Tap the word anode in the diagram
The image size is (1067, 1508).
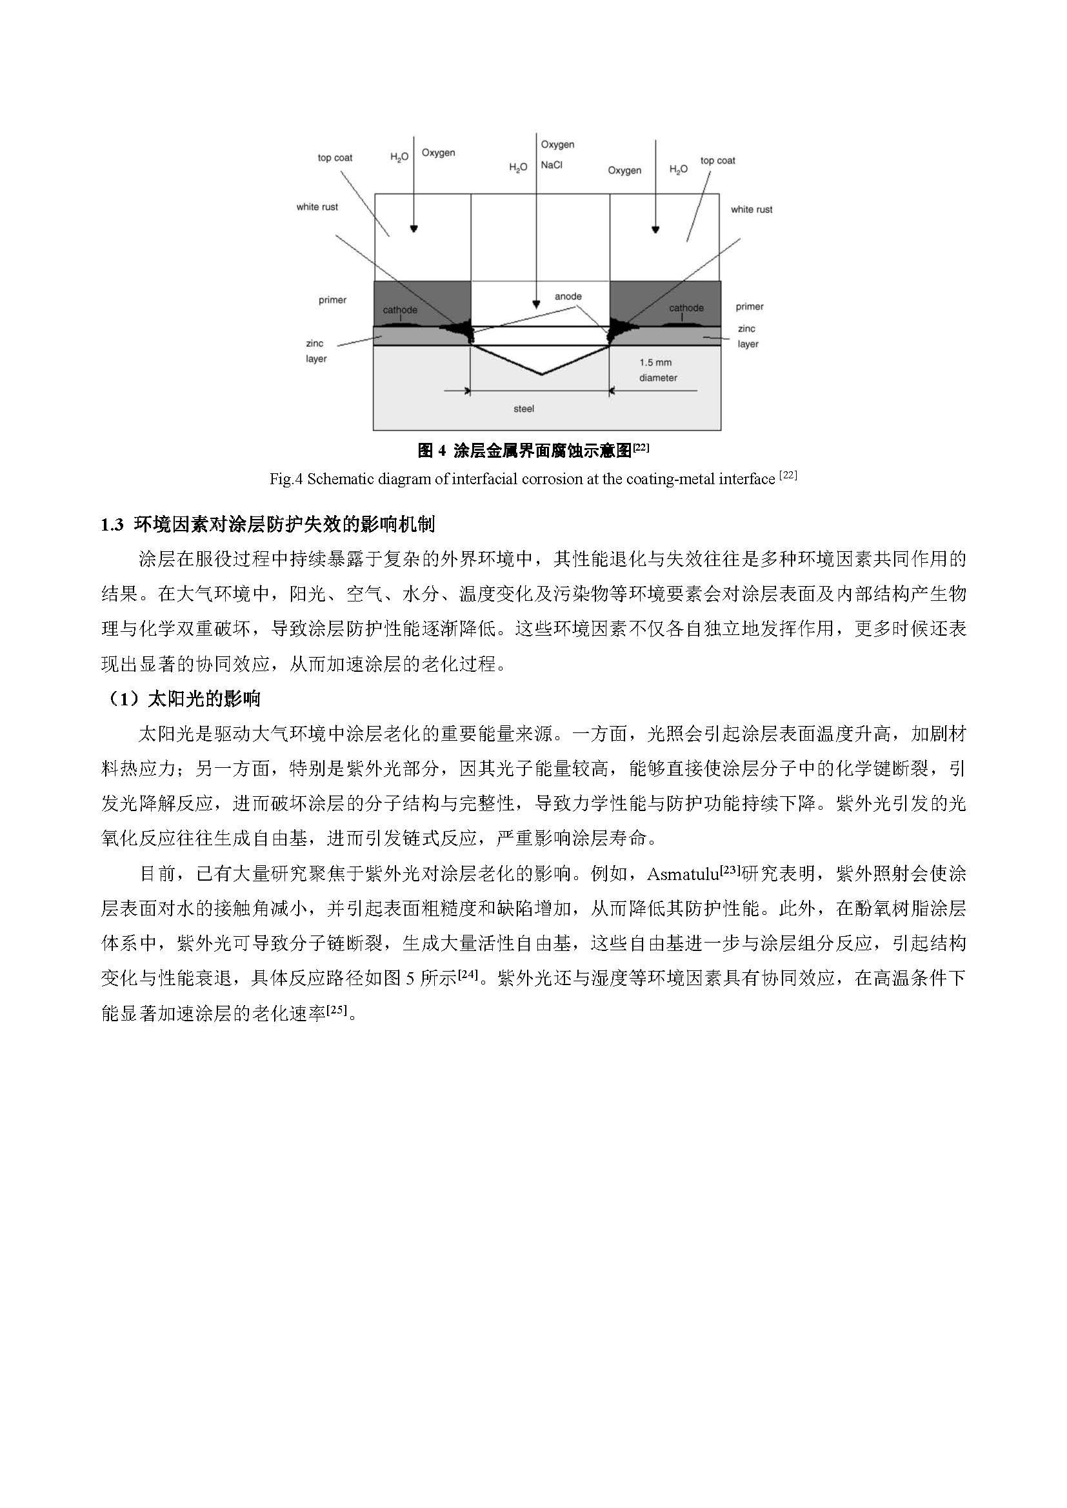[x=568, y=296]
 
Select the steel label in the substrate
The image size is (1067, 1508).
[x=524, y=409]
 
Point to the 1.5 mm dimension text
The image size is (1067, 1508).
[x=655, y=362]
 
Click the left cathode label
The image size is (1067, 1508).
[x=399, y=310]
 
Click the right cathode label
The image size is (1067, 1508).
[x=686, y=308]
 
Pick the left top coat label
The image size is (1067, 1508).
[x=334, y=157]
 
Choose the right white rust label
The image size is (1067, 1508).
[x=751, y=210]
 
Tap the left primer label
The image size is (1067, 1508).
[x=332, y=300]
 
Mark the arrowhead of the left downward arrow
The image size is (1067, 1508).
[x=414, y=230]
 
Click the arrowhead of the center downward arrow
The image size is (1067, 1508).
[x=536, y=305]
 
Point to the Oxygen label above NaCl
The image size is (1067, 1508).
[x=557, y=144]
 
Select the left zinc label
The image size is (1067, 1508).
[x=315, y=344]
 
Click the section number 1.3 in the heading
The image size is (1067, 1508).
[x=112, y=525]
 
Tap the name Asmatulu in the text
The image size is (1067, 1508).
[x=683, y=874]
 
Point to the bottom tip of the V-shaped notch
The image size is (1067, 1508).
[x=541, y=375]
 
